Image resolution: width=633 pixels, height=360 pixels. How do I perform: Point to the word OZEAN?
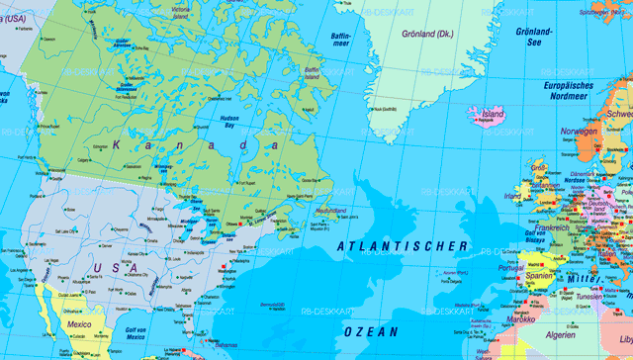click(x=371, y=331)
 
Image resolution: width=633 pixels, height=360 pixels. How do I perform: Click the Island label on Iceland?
click(x=491, y=114)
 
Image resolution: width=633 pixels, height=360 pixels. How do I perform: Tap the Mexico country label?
click(x=78, y=323)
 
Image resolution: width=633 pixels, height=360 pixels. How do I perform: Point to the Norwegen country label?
click(x=580, y=131)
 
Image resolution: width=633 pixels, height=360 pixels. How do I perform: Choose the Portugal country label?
click(x=511, y=267)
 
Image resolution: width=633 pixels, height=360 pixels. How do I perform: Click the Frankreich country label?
click(x=553, y=227)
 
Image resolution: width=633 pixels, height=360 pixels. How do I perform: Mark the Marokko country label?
click(x=522, y=319)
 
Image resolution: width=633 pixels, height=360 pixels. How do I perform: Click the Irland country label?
click(x=512, y=196)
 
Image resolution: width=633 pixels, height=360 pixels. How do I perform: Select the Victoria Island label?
click(x=181, y=11)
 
